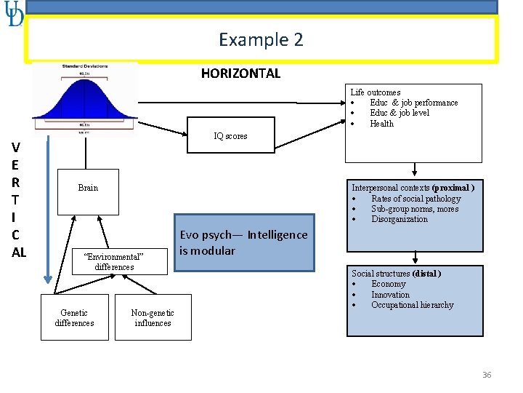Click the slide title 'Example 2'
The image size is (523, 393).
pos(261,39)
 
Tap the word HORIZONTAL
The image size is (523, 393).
pos(240,73)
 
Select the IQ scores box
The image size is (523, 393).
pos(230,135)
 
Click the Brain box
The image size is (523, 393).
pos(88,188)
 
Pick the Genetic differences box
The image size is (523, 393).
pos(74,317)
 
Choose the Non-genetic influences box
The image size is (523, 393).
pos(153,317)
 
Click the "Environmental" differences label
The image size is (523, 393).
pos(114,262)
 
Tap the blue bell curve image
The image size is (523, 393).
pos(85,98)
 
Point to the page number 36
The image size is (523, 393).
pos(487,375)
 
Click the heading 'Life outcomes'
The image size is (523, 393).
pos(376,92)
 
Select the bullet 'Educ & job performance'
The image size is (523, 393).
pos(414,103)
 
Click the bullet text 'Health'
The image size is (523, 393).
pos(382,124)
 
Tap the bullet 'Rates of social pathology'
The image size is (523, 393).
pos(415,199)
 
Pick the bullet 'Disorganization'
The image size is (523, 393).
pos(400,219)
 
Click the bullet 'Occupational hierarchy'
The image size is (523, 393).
pos(412,305)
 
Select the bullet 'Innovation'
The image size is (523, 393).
pos(390,295)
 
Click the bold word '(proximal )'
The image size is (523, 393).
pos(453,188)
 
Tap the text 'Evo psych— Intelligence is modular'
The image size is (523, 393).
pos(243,242)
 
